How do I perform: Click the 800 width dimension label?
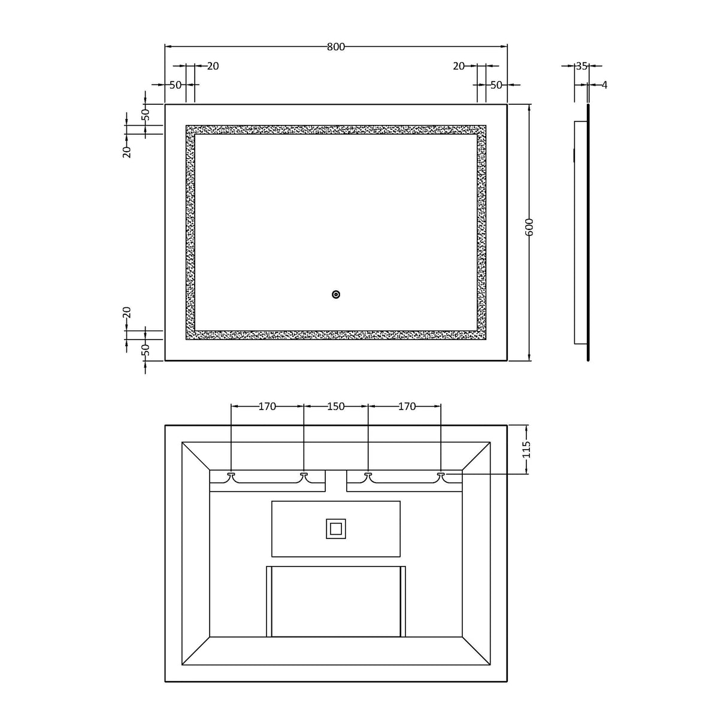tap(336, 47)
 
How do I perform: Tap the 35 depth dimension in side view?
tap(581, 66)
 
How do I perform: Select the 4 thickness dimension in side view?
tap(604, 85)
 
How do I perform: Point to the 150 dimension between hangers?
tap(336, 407)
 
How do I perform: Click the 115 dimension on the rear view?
tap(526, 449)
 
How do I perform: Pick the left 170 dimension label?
tap(267, 407)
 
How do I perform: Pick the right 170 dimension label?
tap(407, 407)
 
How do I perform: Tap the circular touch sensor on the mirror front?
tap(336, 294)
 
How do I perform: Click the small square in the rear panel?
tap(336, 529)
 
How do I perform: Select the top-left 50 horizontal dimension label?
tap(175, 85)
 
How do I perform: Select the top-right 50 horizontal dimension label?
tap(496, 85)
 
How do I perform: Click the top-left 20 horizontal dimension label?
tap(213, 66)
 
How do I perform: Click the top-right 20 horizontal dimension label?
tap(459, 66)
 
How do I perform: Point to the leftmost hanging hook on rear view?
tap(231, 475)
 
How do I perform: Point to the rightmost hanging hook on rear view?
tap(441, 475)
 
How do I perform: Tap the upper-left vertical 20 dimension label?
tap(127, 151)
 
